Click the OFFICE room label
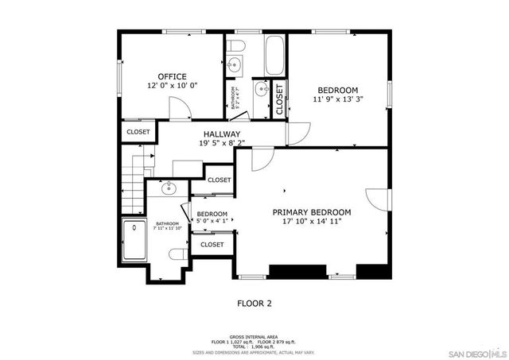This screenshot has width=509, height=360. point(172,77)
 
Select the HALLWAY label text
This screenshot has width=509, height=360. point(221,134)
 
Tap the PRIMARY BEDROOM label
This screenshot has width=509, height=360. point(312,212)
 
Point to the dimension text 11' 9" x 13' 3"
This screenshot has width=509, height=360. point(338,100)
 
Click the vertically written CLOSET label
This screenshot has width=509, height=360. point(279,99)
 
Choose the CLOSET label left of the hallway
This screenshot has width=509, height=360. point(138,132)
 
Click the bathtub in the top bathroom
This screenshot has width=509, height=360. point(274,56)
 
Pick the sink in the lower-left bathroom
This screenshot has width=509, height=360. point(168,189)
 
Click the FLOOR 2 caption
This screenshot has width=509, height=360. point(254,303)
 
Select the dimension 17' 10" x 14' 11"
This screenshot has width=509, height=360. point(312,222)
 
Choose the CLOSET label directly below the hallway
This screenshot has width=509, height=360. point(220,180)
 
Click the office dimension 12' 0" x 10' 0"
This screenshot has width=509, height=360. point(172,86)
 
